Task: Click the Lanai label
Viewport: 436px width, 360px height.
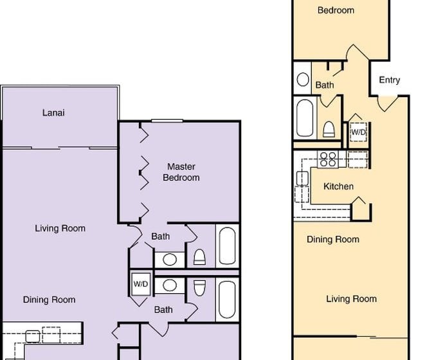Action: click(x=53, y=113)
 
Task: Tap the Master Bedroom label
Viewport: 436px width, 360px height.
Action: click(x=181, y=172)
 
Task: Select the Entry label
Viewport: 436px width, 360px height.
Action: click(x=389, y=80)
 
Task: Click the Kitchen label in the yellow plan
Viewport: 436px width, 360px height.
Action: click(x=338, y=186)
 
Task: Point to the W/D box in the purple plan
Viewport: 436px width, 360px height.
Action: click(x=141, y=284)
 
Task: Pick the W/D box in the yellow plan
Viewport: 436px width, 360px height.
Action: click(x=358, y=132)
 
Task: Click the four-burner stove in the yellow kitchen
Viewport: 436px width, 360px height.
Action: click(x=328, y=159)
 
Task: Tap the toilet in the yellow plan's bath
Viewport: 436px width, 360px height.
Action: click(x=329, y=129)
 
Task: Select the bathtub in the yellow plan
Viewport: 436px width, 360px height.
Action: click(x=305, y=118)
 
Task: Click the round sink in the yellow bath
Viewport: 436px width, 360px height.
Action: click(x=303, y=79)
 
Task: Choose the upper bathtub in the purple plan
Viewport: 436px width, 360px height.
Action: click(x=227, y=246)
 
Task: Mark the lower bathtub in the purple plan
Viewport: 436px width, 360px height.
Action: click(x=227, y=300)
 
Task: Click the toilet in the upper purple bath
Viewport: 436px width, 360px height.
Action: click(x=199, y=257)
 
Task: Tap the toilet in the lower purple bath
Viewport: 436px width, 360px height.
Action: click(x=199, y=288)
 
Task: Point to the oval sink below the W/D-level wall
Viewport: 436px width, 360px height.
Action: click(x=170, y=285)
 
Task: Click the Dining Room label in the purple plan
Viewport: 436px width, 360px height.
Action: click(x=50, y=300)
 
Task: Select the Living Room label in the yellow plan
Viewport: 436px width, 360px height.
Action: click(x=352, y=299)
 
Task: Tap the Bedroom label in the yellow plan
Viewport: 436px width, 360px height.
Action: click(x=336, y=10)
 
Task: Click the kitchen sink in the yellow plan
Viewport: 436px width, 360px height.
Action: click(x=302, y=178)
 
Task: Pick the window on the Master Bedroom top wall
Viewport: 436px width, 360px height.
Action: click(x=167, y=121)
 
